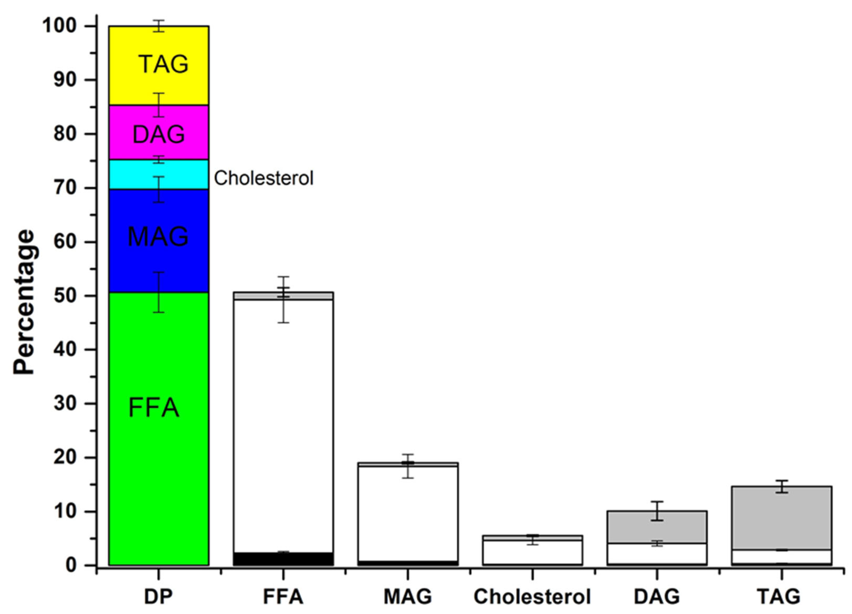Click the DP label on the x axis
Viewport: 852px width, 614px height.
[x=158, y=596]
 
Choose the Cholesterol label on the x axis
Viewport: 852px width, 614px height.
[x=532, y=596]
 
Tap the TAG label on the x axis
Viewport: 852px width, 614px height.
[x=778, y=596]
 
